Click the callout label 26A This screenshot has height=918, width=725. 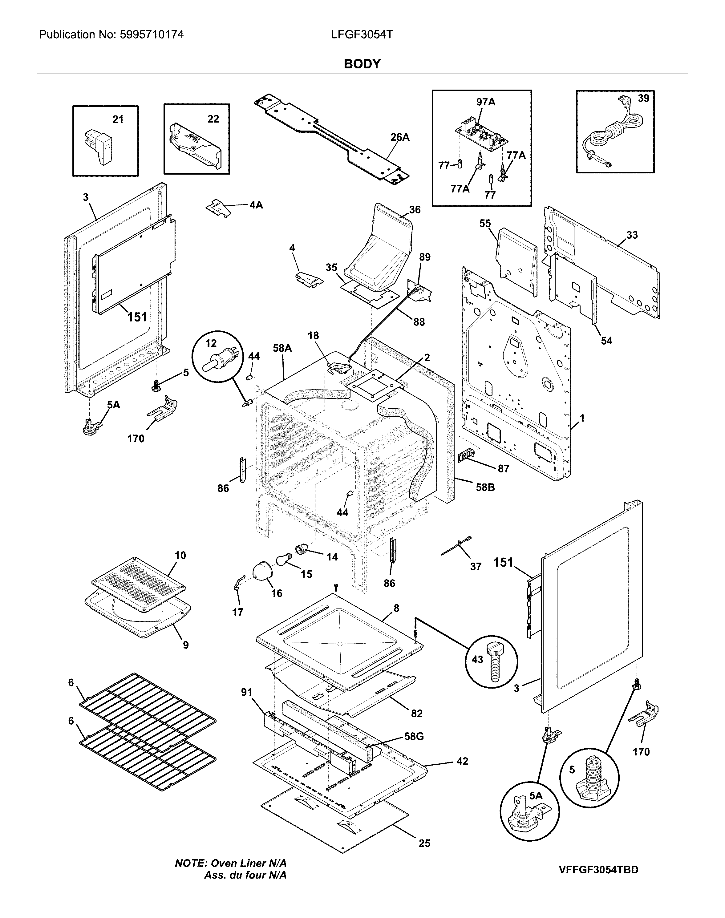[x=399, y=137]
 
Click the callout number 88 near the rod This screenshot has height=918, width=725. [x=419, y=322]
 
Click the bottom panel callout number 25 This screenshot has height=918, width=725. [x=424, y=843]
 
